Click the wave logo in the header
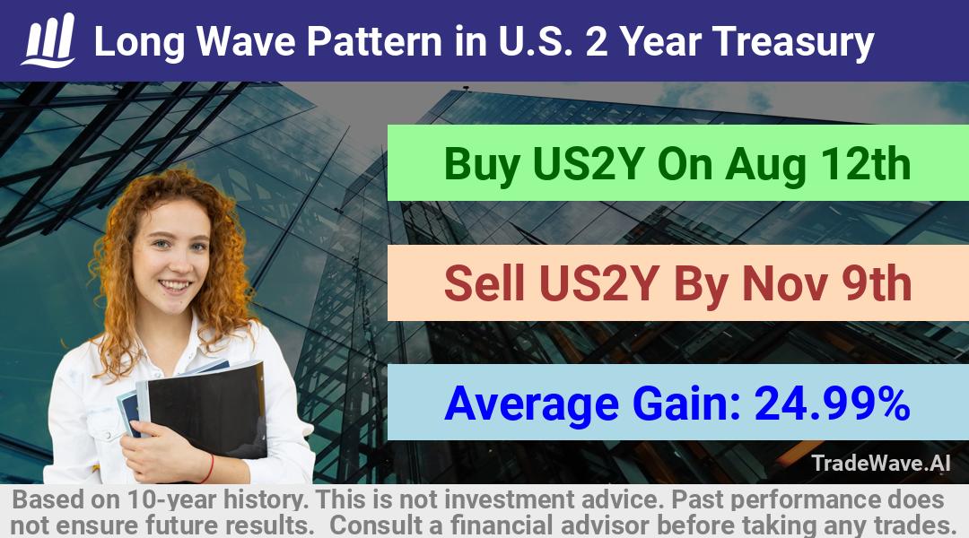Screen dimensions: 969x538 (x=48, y=40)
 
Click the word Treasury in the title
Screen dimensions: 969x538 (x=793, y=42)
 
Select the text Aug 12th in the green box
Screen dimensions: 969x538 (x=818, y=165)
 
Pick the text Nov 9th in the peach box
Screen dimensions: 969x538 (x=827, y=283)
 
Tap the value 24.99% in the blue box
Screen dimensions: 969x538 (x=832, y=403)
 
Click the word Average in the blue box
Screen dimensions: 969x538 (x=531, y=404)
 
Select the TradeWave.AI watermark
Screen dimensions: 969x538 (x=881, y=463)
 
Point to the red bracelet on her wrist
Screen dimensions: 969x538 (x=208, y=469)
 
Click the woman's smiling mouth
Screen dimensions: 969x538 (x=174, y=285)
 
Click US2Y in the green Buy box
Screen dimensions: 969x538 (x=589, y=165)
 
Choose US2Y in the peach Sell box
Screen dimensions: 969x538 (x=598, y=283)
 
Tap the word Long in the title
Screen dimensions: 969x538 (x=140, y=43)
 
